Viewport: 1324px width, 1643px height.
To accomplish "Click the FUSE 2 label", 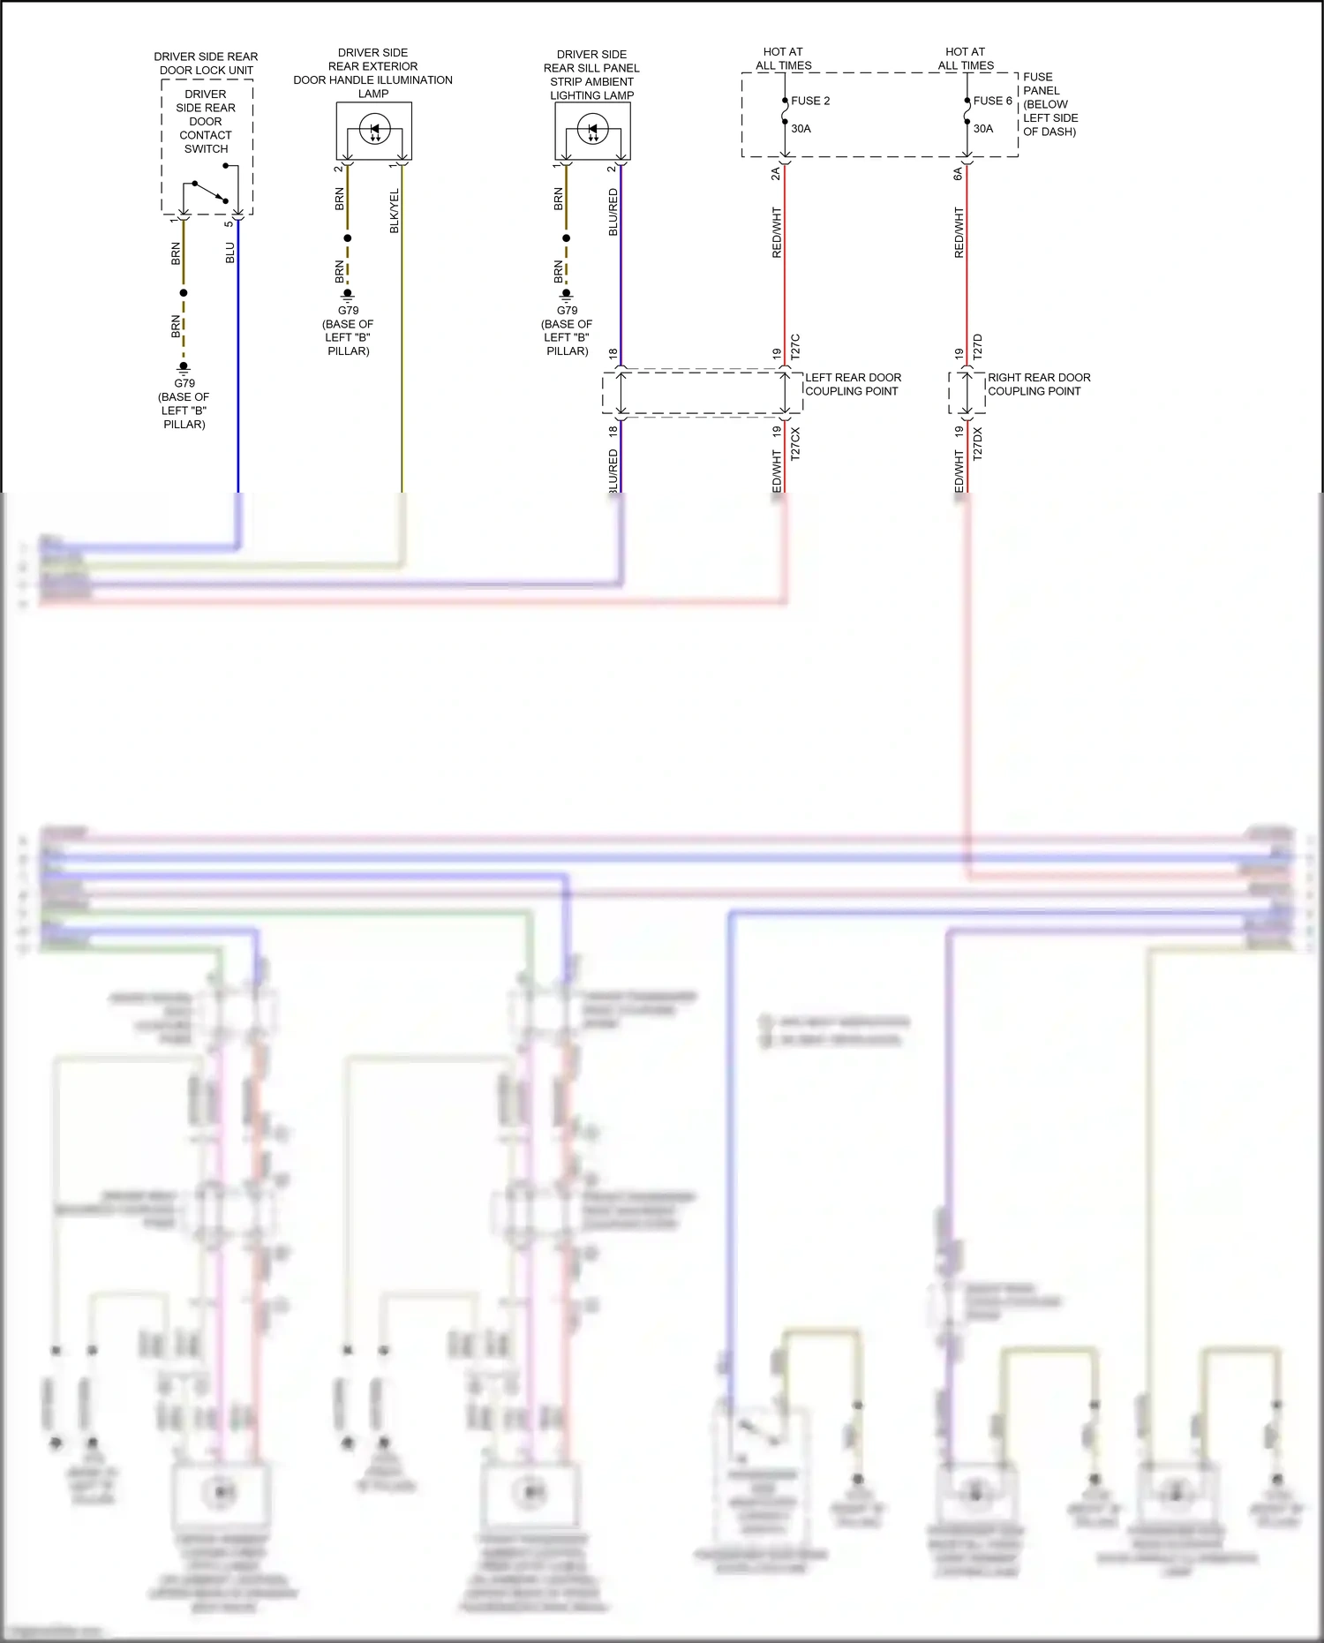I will (x=810, y=101).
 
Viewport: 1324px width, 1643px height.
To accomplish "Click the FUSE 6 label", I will (x=992, y=101).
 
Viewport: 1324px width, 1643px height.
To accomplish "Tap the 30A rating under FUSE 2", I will (x=801, y=129).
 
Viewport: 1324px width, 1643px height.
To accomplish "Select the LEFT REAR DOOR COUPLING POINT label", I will (x=853, y=384).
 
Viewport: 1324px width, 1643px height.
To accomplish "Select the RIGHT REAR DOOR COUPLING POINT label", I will (x=1038, y=384).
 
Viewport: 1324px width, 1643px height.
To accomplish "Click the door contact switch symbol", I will (x=209, y=192).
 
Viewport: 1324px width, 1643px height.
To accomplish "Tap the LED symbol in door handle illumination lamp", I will (x=373, y=131).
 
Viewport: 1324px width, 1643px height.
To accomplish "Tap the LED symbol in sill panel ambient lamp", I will (x=592, y=131).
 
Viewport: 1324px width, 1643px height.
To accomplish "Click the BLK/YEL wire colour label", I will (x=395, y=211).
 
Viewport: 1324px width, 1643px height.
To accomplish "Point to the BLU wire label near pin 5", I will (x=230, y=253).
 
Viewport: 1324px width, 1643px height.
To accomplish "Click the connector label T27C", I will (x=795, y=346).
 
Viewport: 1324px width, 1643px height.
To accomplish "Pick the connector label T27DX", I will (x=977, y=443).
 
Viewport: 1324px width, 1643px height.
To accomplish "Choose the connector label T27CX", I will (x=795, y=443).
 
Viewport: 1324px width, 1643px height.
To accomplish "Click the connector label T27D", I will (x=977, y=346).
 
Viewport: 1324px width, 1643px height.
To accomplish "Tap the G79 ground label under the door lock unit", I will (x=184, y=383).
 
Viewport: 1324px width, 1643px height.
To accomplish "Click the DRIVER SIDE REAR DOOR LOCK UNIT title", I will (x=206, y=64).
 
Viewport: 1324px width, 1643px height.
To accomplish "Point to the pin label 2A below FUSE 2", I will (x=776, y=174).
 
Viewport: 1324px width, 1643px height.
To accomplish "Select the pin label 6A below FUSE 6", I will (x=958, y=174).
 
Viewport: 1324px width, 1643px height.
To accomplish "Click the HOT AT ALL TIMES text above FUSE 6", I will (x=966, y=58).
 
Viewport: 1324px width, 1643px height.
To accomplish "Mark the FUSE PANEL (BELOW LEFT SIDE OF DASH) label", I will (x=1049, y=104).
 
